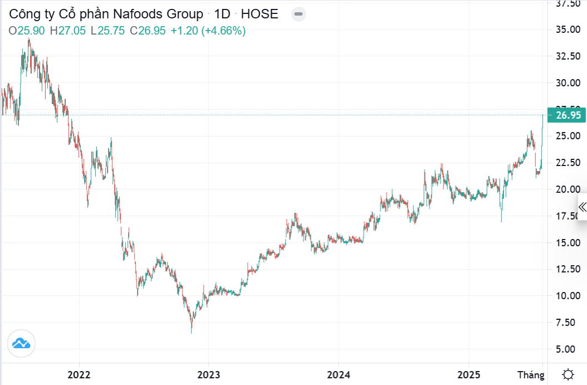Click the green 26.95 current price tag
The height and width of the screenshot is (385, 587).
pos(568,115)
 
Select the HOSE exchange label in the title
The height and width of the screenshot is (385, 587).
pos(260,14)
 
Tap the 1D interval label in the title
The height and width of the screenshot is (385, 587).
pos(222,14)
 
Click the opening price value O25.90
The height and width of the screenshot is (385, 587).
pos(27,31)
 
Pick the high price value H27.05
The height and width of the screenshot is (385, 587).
pos(67,31)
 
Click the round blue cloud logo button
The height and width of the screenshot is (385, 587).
pos(21,343)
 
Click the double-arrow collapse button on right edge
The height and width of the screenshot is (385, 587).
pos(582,207)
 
